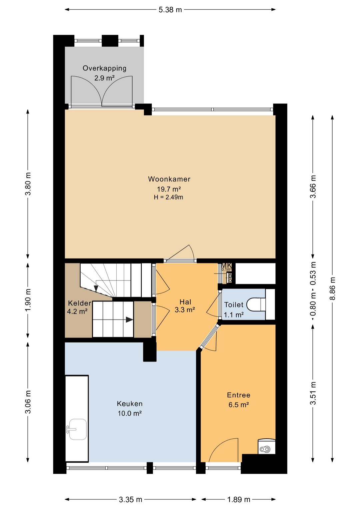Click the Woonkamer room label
click(x=169, y=179)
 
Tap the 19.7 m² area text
click(x=169, y=189)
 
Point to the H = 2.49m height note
click(x=169, y=197)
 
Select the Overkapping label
click(x=104, y=68)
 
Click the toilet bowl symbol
click(x=256, y=305)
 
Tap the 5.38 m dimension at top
click(x=170, y=10)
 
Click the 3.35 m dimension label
click(x=131, y=499)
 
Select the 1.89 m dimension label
click(x=239, y=499)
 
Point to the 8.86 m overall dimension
click(x=333, y=289)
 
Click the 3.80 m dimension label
click(x=28, y=184)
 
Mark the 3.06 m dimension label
click(x=28, y=402)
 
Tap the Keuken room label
click(x=130, y=404)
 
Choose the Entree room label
click(x=239, y=395)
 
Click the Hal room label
click(x=185, y=302)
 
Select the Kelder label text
click(x=79, y=303)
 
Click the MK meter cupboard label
click(x=226, y=265)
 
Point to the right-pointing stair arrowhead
click(x=129, y=320)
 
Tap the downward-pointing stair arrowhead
click(x=96, y=289)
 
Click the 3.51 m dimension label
click(x=313, y=393)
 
